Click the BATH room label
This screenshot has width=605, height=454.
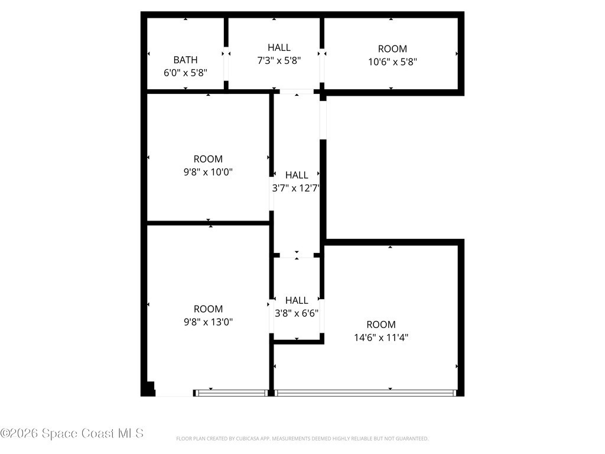185,60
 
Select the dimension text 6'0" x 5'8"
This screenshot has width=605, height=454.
186,73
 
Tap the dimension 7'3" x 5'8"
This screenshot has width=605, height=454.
279,60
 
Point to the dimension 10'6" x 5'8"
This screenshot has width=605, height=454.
392,61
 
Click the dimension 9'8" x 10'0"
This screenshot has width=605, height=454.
208,172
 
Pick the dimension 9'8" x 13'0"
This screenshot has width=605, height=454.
208,322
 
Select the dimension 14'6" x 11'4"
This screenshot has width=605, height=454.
381,338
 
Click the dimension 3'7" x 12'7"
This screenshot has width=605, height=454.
296,188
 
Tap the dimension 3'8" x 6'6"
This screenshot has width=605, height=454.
297,313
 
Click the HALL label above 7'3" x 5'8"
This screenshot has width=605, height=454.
279,47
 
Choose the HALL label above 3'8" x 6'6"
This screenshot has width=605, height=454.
297,300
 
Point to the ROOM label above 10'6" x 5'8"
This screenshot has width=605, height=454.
392,49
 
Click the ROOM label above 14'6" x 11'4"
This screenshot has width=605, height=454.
381,325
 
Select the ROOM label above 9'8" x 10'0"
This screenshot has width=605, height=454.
208,159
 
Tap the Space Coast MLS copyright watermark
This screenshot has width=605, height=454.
71,433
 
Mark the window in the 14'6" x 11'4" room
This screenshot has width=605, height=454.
365,393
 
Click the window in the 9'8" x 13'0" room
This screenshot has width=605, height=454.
231,393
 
